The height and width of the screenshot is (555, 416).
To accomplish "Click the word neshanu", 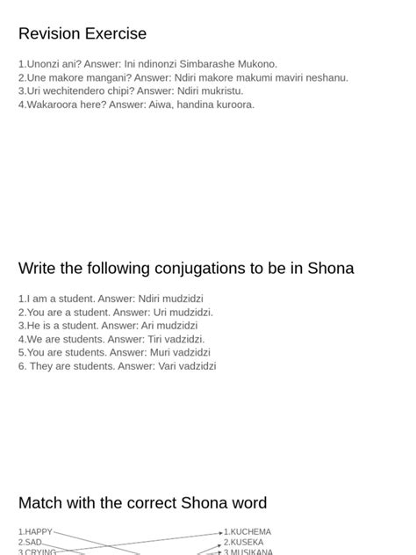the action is tap(326, 77).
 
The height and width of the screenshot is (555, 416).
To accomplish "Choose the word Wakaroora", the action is tap(54, 105).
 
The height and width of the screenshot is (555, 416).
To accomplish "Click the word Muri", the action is tap(161, 352).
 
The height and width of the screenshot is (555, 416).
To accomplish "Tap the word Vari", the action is tap(169, 366).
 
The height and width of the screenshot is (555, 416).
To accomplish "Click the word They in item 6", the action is tap(41, 366).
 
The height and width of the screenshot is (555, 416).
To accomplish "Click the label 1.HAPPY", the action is tap(36, 532).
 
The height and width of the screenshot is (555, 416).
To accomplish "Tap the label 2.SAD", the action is tap(31, 543).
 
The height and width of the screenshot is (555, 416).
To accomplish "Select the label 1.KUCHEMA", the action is tap(247, 532).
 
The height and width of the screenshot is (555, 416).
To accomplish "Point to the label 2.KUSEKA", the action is tap(244, 543).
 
